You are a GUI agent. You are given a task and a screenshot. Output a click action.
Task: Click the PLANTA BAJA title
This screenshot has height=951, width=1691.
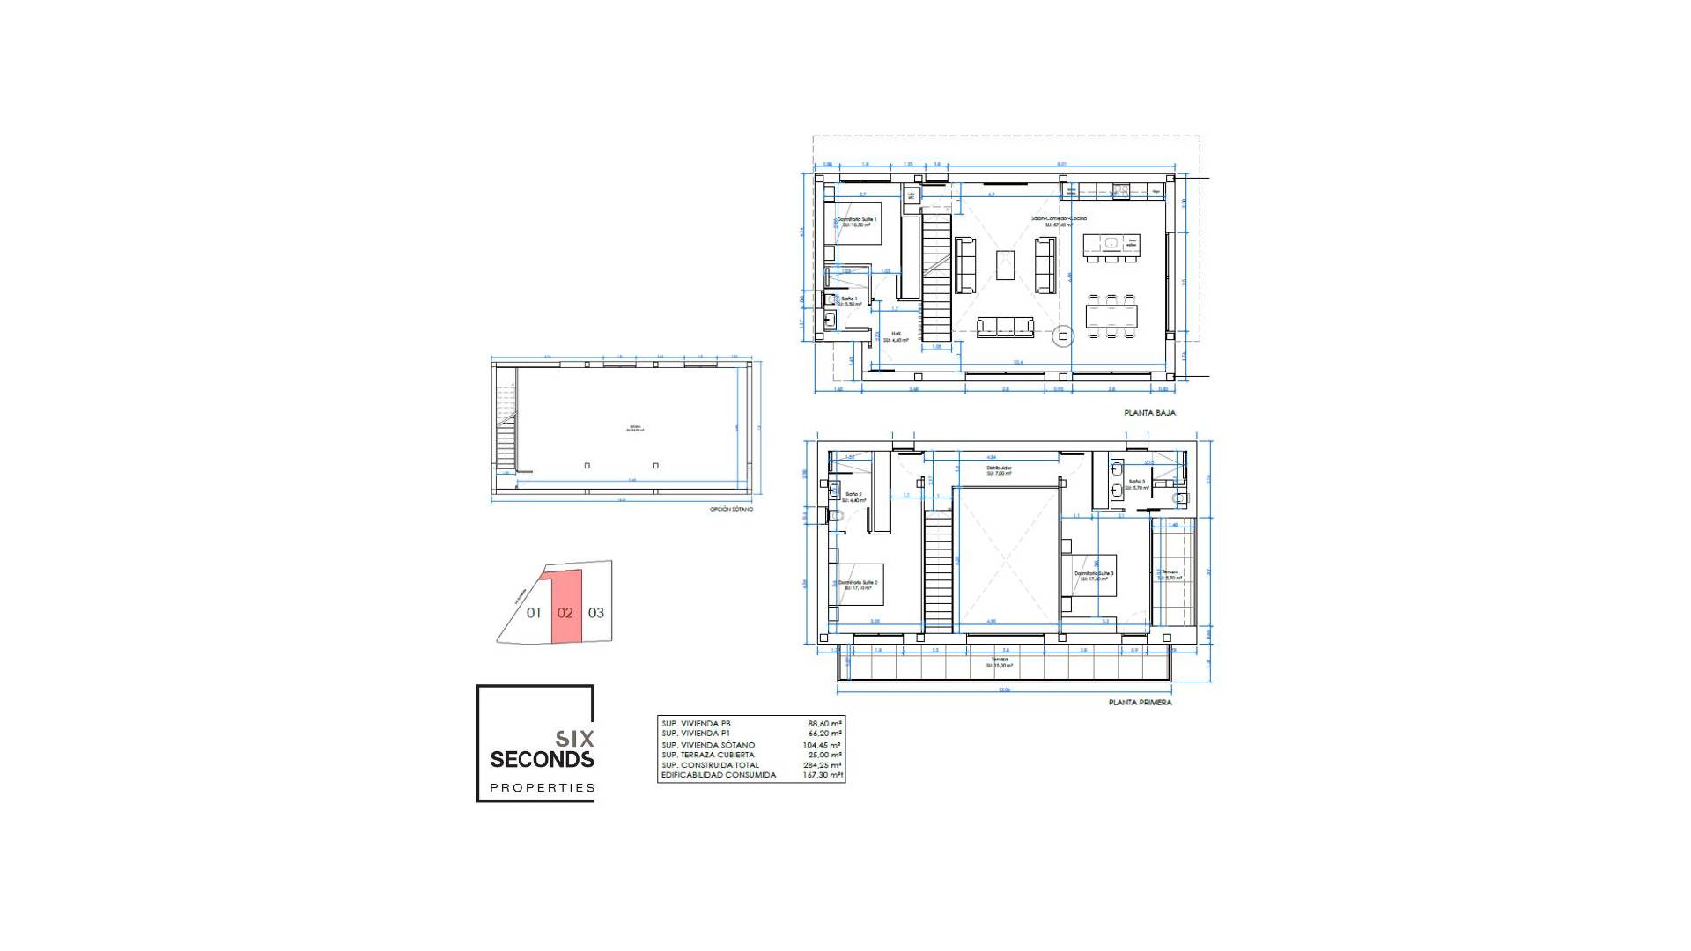1149,412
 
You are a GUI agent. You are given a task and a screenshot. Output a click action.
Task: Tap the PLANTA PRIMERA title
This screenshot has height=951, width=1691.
1140,703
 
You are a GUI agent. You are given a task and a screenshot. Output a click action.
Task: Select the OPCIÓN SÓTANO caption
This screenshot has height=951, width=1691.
731,509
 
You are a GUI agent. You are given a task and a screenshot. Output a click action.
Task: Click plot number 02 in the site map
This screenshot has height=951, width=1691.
565,613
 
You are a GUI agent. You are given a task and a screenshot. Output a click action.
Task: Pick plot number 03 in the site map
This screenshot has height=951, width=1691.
596,613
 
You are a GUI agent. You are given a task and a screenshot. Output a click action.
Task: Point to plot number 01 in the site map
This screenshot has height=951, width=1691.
534,613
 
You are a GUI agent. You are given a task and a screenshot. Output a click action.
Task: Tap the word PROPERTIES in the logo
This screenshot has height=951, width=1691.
543,788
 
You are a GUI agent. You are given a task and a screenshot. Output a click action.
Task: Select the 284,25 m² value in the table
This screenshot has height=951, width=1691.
823,765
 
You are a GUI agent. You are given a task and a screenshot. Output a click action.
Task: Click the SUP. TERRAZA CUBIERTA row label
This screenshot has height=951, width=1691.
708,755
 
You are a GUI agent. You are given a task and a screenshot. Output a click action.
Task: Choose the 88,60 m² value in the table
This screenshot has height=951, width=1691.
824,723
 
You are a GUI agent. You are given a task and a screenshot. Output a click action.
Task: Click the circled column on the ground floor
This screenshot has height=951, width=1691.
1063,335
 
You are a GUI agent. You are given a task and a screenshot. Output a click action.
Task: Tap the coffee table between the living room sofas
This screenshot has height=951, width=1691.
1005,265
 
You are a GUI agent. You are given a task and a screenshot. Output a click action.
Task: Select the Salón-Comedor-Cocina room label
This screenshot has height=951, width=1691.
1059,218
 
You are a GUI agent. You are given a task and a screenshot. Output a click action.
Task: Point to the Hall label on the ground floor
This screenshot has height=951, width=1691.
896,334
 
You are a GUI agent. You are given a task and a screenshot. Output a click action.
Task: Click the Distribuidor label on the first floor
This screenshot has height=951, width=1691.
999,468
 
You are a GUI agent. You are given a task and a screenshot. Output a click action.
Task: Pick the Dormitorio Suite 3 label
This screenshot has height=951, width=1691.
1094,574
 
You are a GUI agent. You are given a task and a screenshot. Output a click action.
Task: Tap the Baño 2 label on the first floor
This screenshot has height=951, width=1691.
853,495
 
